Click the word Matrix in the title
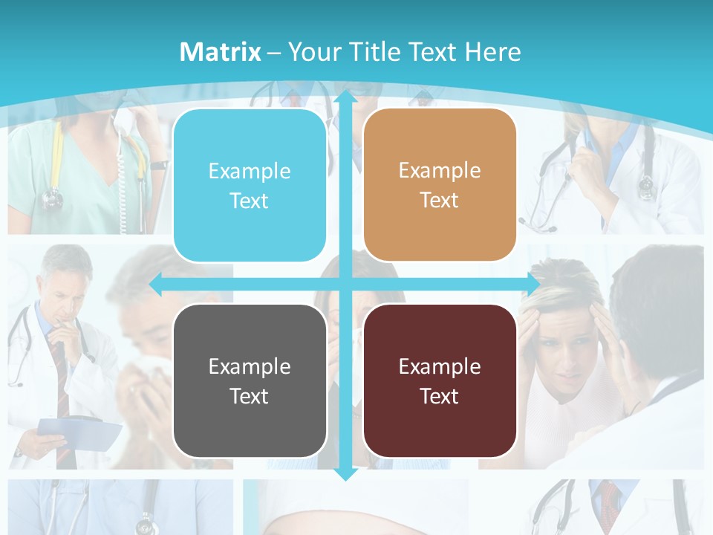click(220, 52)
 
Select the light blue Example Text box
click(250, 186)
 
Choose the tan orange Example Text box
click(440, 185)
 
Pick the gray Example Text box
click(250, 380)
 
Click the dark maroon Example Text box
click(440, 380)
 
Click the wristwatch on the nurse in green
click(158, 165)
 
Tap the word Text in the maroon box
click(440, 396)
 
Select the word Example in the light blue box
click(250, 171)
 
